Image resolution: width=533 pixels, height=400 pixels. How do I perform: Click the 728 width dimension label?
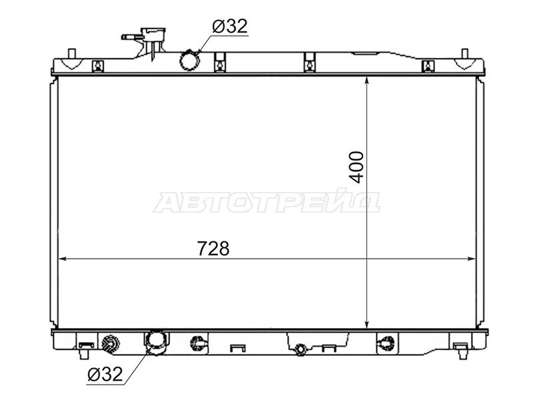(213, 249)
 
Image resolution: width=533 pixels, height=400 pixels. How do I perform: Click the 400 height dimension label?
(356, 167)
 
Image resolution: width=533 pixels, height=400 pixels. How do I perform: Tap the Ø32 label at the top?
(230, 26)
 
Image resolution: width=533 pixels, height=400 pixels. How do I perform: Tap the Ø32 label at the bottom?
(105, 375)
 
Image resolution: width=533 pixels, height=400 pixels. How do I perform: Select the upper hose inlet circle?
(189, 61)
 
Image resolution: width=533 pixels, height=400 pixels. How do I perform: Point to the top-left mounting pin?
(72, 54)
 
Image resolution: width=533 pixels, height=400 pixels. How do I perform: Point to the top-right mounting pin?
(464, 54)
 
